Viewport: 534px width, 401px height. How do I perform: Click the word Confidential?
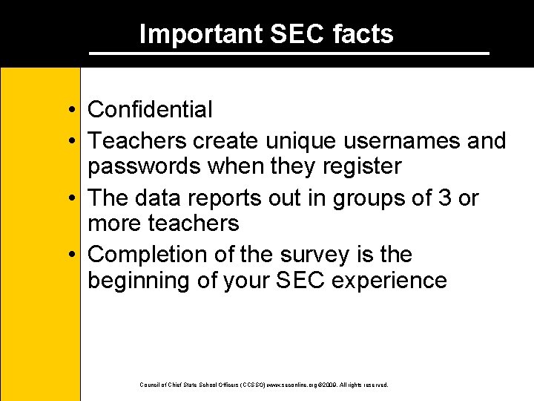click(x=150, y=110)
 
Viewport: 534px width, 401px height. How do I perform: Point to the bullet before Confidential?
click(x=67, y=111)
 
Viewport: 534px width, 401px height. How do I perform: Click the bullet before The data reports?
click(x=67, y=199)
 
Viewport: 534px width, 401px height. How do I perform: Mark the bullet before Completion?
click(x=67, y=255)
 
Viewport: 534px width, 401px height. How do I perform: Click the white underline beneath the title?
click(x=289, y=53)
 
